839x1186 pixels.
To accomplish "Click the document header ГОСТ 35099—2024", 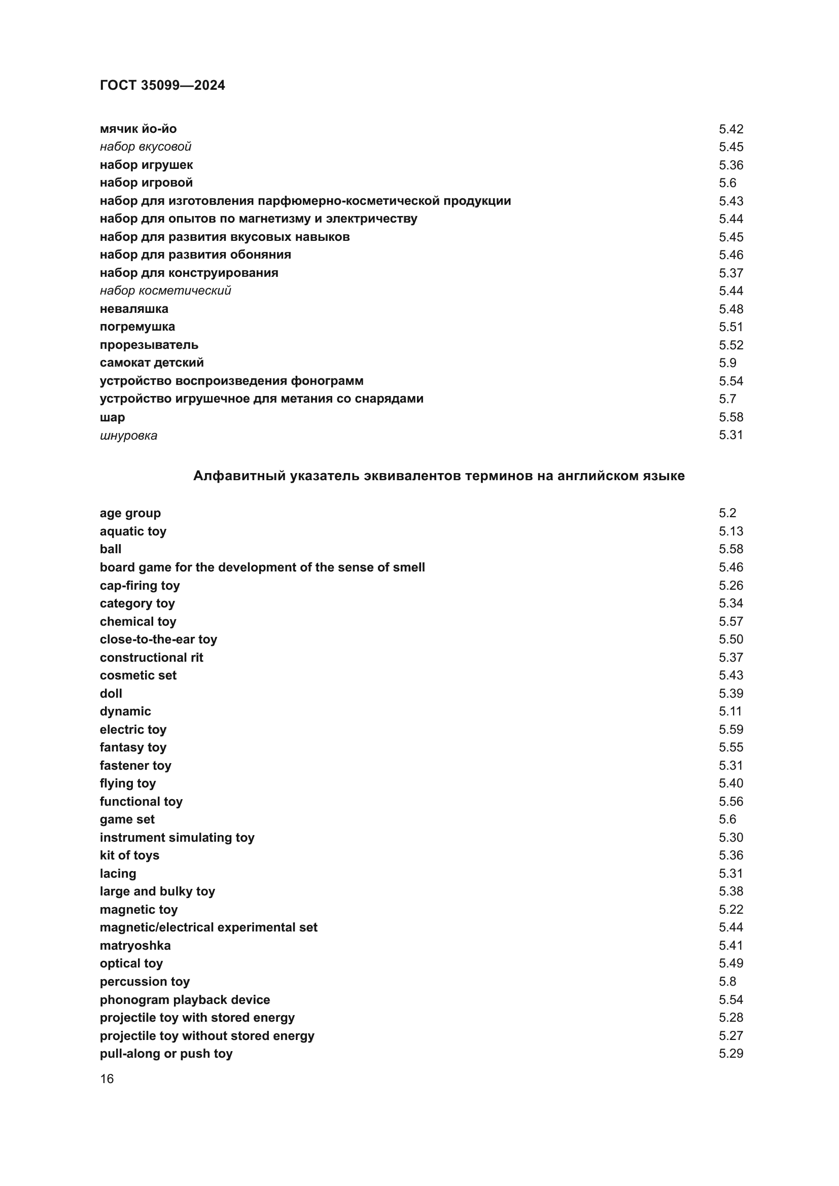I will tap(162, 85).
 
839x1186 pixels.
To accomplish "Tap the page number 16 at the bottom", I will tap(107, 1079).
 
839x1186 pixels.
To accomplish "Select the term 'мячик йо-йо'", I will tap(138, 129).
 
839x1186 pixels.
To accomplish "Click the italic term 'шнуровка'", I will tap(128, 436).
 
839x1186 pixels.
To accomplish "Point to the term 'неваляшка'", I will tap(134, 309).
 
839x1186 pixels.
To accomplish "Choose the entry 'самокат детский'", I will tap(151, 363).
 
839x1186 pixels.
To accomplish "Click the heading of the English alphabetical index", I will tap(439, 476).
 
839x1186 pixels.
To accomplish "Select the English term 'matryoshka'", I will tap(135, 945).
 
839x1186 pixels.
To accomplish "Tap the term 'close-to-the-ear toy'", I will tap(158, 639).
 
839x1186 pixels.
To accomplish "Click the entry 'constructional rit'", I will tap(151, 657).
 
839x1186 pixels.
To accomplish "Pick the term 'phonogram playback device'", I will tap(185, 999).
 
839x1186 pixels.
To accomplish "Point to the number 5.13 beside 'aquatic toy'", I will tap(730, 531).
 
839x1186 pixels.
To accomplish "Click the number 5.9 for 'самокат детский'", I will tap(727, 363).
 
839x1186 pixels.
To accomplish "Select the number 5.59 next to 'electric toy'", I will tap(730, 729).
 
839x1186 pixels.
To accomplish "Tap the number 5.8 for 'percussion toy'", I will tap(727, 982).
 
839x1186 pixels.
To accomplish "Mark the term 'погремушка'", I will tap(137, 327).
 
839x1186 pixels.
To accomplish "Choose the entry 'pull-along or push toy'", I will tap(166, 1053).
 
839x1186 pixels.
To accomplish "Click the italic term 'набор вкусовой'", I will tap(145, 147).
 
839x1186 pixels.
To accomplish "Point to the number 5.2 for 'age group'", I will tap(727, 513).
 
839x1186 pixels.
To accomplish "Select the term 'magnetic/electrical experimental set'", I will tap(208, 927).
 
